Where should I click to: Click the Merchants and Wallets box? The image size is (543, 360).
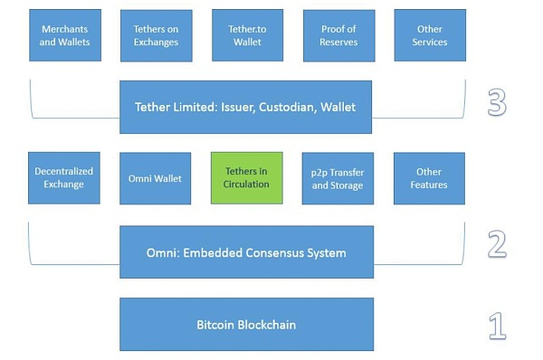tap(65, 35)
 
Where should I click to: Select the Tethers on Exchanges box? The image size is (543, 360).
tap(156, 35)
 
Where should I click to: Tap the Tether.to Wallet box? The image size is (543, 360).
tap(247, 35)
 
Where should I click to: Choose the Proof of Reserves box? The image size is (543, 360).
tap(338, 35)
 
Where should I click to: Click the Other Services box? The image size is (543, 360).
tap(429, 35)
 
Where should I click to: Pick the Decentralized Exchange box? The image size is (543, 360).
tap(64, 177)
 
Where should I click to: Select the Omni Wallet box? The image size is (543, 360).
tap(156, 177)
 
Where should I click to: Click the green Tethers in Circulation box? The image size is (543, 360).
tap(247, 177)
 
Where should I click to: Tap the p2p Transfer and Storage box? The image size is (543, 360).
tap(338, 177)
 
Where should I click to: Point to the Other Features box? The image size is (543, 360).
tap(429, 177)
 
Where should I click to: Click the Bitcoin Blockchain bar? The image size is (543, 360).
tap(246, 324)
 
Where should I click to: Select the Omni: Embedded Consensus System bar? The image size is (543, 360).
tap(246, 252)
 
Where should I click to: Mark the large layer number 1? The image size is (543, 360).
tap(497, 325)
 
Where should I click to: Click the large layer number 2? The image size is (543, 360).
tap(497, 245)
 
